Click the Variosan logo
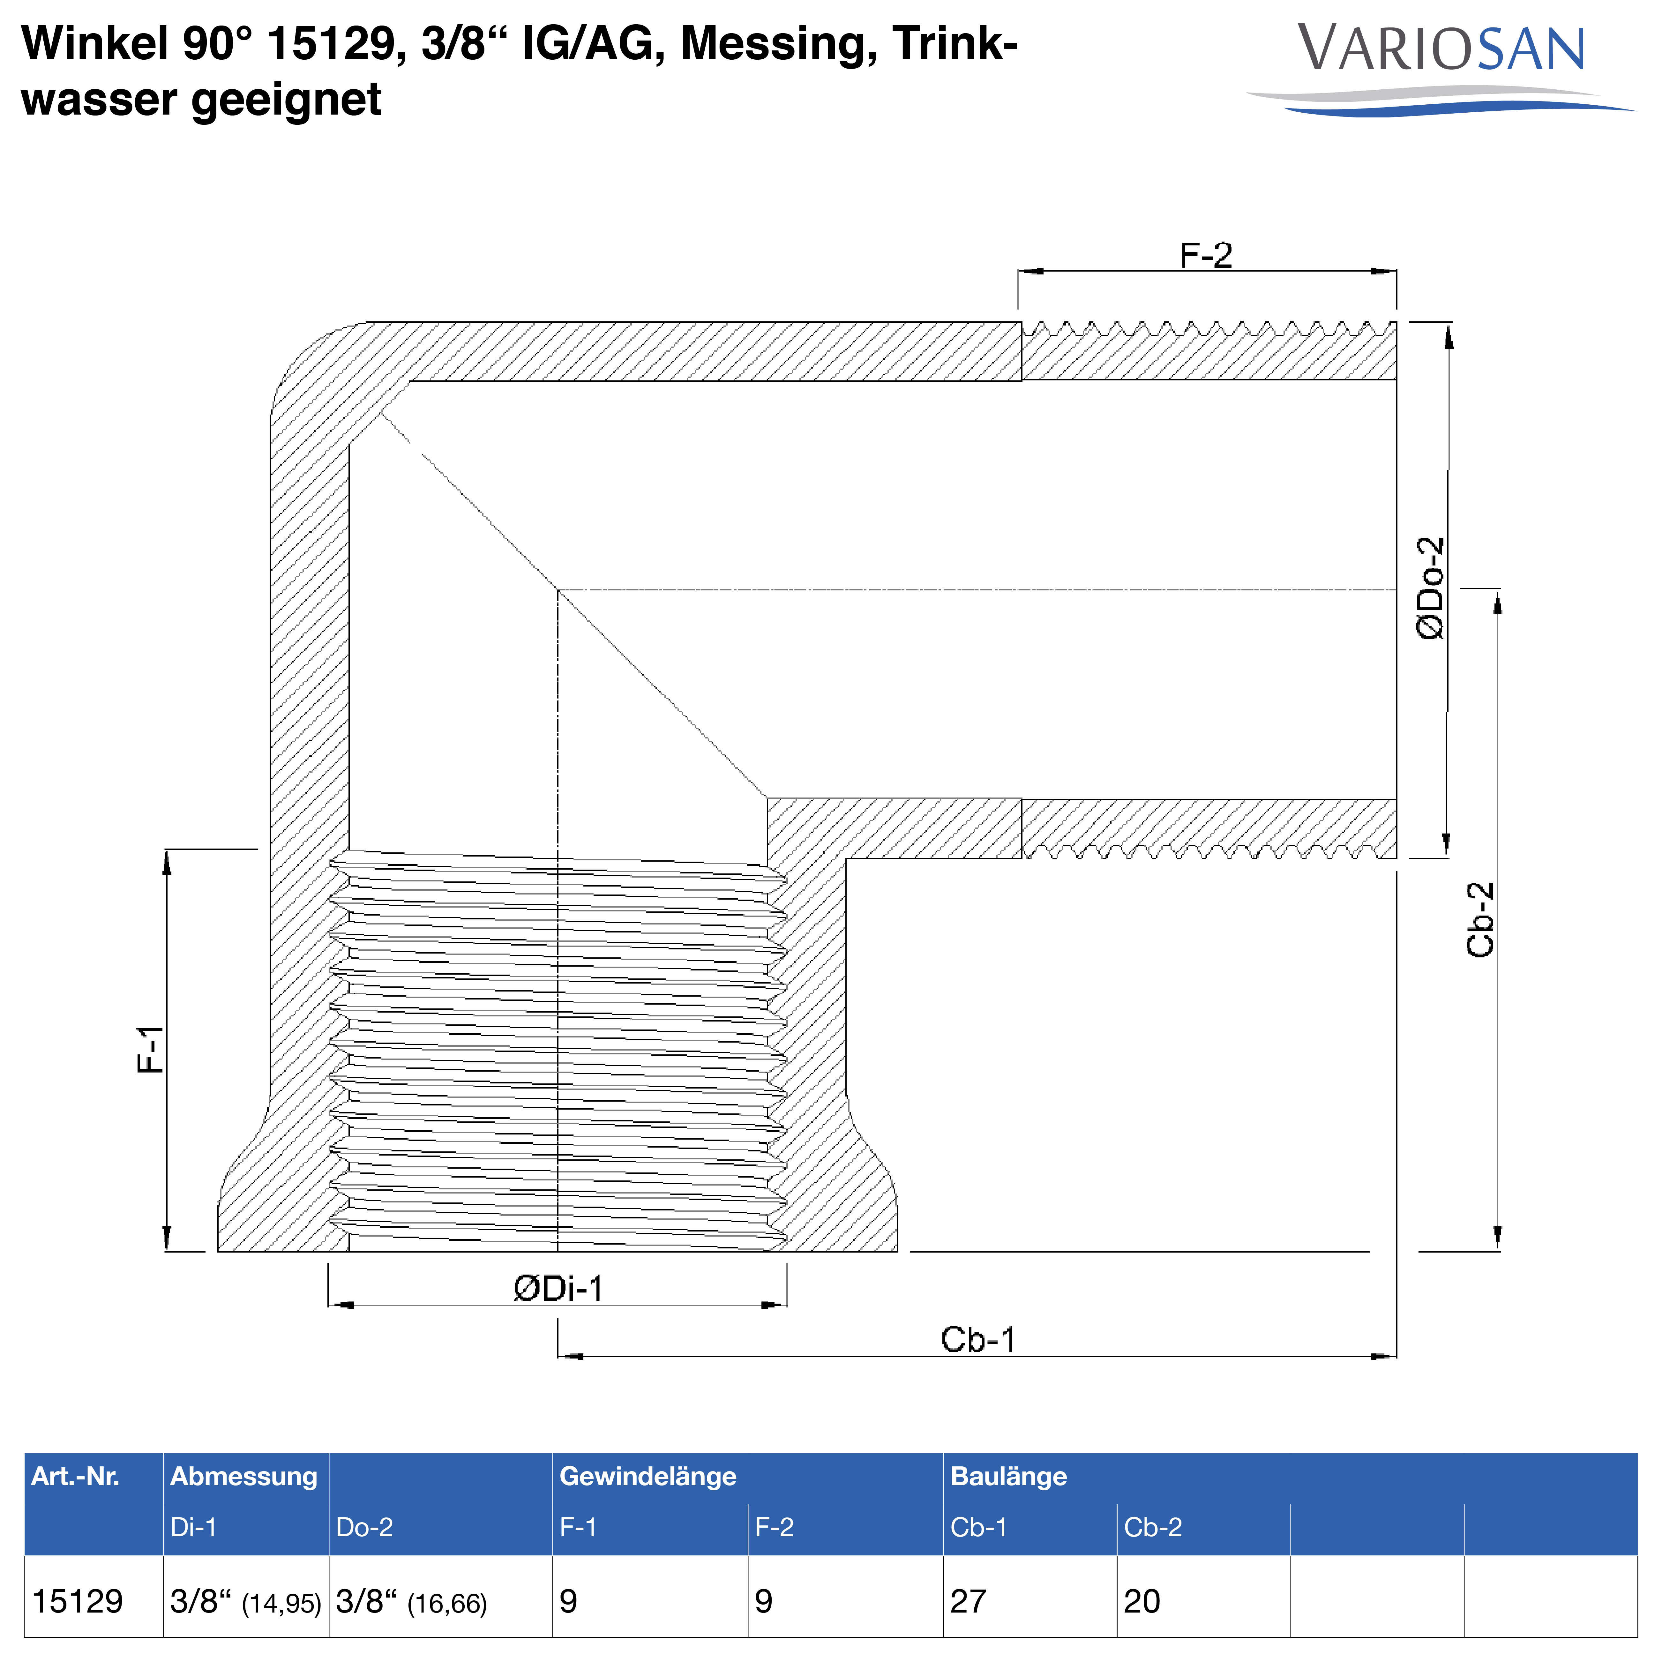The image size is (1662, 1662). click(x=1441, y=69)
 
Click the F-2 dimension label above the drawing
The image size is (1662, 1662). click(x=1206, y=256)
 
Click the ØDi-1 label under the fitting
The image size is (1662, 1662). click(x=558, y=1289)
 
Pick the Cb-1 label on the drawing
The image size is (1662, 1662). click(x=978, y=1339)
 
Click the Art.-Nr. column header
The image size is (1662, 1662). click(x=76, y=1476)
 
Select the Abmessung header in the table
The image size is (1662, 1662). click(x=243, y=1476)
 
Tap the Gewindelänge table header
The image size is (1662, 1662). click(x=648, y=1476)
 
